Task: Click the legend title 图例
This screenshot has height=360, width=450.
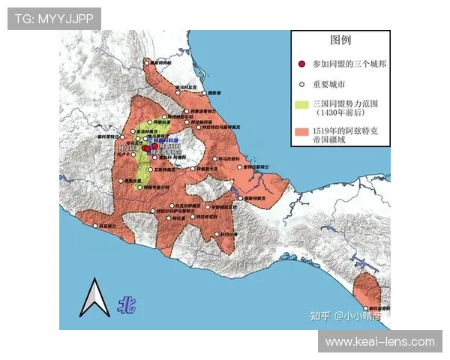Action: click(x=340, y=40)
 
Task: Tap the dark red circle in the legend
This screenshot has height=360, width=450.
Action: click(x=301, y=64)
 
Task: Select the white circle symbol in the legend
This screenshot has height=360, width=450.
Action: click(x=301, y=83)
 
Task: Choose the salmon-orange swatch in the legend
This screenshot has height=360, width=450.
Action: click(x=301, y=133)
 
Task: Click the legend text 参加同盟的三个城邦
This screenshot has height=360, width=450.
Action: click(x=346, y=64)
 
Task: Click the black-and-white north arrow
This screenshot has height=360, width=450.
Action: click(x=94, y=298)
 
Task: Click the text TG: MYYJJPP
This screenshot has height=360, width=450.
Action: click(x=54, y=18)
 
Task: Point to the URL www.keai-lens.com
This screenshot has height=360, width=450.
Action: click(x=379, y=342)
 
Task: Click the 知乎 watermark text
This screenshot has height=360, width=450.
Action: click(x=320, y=316)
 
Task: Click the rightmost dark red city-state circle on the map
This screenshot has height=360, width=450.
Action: click(x=154, y=146)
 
